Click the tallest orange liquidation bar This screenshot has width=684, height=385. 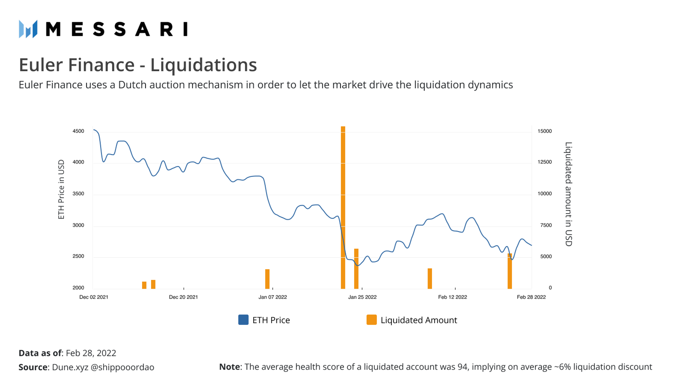pos(343,208)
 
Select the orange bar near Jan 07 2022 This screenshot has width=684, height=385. pos(267,279)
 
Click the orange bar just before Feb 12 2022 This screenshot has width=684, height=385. pos(429,278)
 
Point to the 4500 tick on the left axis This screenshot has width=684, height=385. pos(78,131)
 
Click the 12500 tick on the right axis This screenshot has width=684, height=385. pos(544,162)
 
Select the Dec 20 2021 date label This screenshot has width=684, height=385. pos(183,297)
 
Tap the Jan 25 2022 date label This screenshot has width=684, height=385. pos(362,297)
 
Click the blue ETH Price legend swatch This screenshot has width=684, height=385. pos(243,320)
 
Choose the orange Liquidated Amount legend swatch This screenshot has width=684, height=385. pos(371,320)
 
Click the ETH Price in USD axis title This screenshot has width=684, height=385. pos(61,189)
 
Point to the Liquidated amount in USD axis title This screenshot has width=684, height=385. pos(568,194)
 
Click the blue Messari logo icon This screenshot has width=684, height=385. pos(28,29)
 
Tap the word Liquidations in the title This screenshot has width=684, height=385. pos(203,65)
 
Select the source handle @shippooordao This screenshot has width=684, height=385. pos(122,367)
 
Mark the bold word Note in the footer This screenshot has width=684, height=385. pos(229,367)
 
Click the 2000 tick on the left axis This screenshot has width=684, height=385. pos(78,288)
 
